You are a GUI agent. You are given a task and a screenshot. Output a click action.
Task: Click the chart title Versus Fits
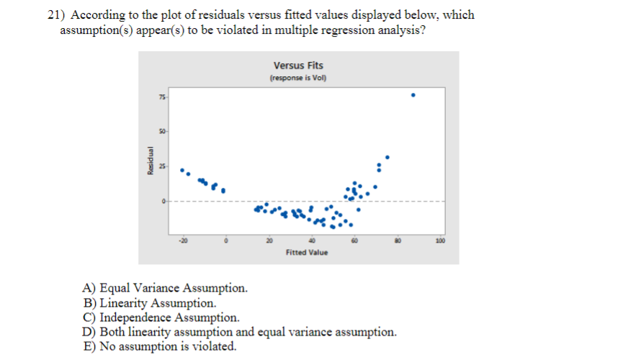click(x=298, y=66)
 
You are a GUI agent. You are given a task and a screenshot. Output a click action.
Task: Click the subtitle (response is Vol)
click(x=298, y=78)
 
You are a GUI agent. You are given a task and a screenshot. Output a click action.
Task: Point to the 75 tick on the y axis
click(x=161, y=97)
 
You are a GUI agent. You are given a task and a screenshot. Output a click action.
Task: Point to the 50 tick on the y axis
click(x=161, y=132)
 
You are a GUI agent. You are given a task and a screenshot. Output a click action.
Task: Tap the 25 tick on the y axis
click(x=161, y=166)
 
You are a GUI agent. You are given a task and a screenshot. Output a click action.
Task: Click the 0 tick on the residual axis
click(x=163, y=200)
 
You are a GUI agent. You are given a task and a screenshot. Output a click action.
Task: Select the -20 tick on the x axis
click(x=183, y=240)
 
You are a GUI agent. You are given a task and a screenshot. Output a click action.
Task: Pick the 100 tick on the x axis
click(x=440, y=240)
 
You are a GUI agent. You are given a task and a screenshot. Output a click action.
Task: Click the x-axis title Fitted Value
click(x=306, y=252)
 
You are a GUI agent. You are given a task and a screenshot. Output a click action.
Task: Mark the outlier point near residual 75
click(x=413, y=95)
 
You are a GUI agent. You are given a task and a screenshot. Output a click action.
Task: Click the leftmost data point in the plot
click(x=181, y=170)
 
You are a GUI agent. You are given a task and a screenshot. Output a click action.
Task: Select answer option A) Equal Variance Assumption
click(x=166, y=289)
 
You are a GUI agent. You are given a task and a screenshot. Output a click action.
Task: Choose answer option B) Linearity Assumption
click(x=150, y=303)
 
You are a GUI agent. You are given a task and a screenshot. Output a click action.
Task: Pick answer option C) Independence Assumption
click(x=162, y=318)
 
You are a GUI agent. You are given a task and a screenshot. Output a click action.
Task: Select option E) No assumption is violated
click(x=160, y=346)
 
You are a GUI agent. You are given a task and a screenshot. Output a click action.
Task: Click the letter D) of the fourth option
click(x=90, y=332)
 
